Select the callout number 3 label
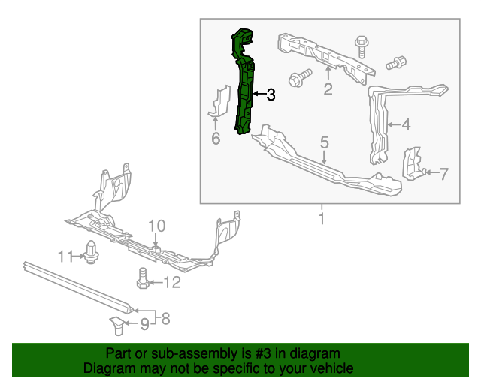point(271,95)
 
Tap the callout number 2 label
point(328,90)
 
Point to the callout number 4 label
point(406,125)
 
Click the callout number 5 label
point(325,142)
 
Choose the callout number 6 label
point(215,139)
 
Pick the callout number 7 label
point(443,175)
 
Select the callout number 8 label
point(165,319)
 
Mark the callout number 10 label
point(156,226)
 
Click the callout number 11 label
point(65,256)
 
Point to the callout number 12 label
point(172,282)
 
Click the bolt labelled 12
point(141,279)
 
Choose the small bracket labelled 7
point(413,165)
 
